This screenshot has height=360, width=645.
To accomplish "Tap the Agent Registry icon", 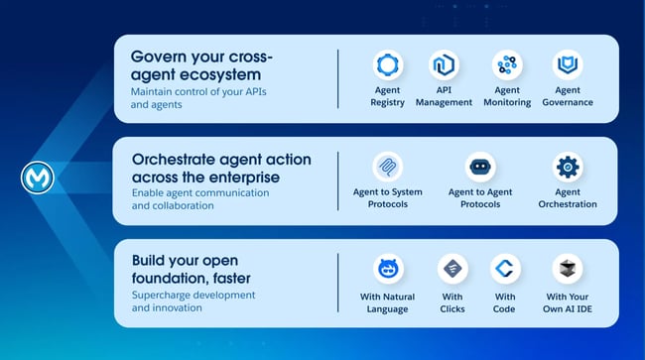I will point(387,65).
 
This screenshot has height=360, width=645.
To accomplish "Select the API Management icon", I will point(443,65).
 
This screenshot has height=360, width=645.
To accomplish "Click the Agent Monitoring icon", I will point(507,65).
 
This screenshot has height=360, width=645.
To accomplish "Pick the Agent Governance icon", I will point(567,65).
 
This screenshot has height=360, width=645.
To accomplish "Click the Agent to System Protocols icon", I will point(386,167).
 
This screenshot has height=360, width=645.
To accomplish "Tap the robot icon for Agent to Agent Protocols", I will point(480,167).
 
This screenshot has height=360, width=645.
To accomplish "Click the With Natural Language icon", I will point(387,269).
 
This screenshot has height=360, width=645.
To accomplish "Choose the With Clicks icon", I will point(452,269).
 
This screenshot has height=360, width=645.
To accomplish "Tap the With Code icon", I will point(505,269).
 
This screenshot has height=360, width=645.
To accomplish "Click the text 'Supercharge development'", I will point(193,296).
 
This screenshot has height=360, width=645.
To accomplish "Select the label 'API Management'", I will point(444,96).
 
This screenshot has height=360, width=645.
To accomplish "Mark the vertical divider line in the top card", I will point(337,78).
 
